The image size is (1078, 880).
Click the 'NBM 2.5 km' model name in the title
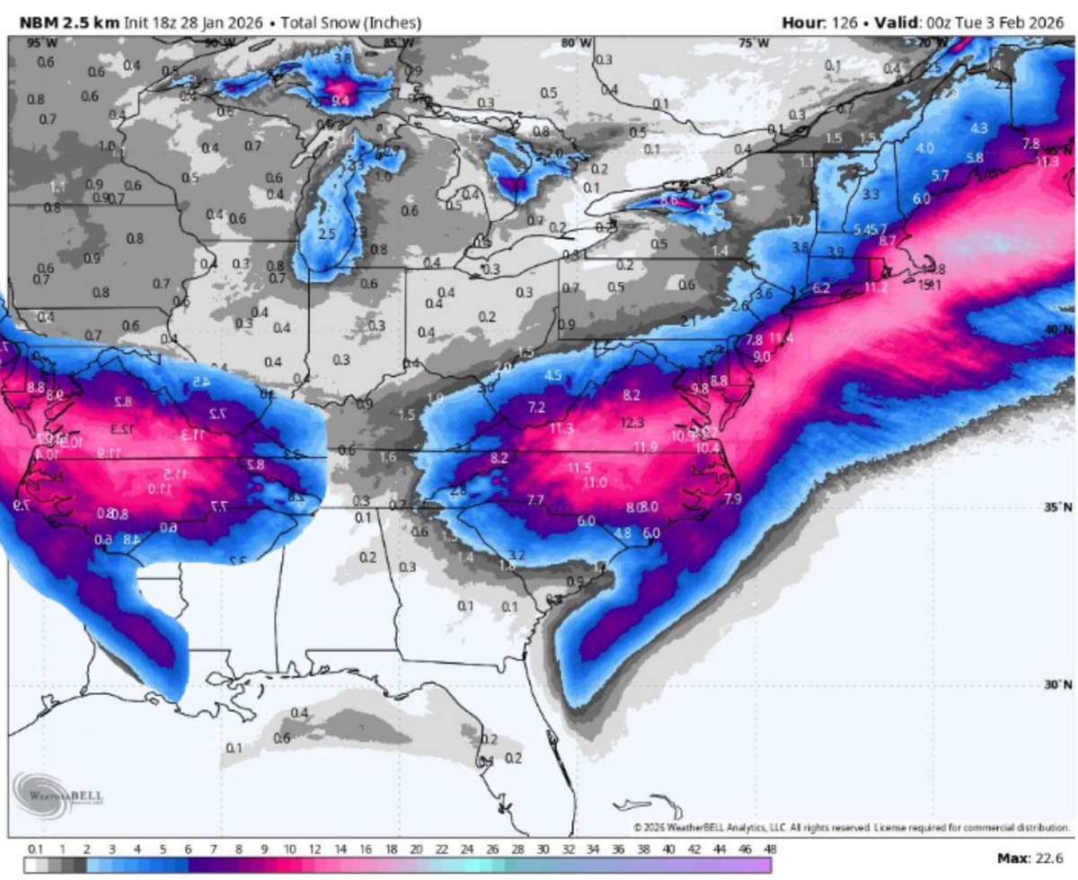coord(58,22)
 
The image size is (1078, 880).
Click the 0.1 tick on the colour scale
coord(35,848)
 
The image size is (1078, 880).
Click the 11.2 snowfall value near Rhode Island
coord(876,287)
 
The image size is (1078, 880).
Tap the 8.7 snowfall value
coord(888,241)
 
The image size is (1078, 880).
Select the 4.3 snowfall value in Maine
coord(978,128)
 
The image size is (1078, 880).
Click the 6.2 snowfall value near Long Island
coord(820,288)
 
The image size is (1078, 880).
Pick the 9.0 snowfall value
coord(762,356)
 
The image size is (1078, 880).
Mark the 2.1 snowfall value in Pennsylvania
coord(689,321)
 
